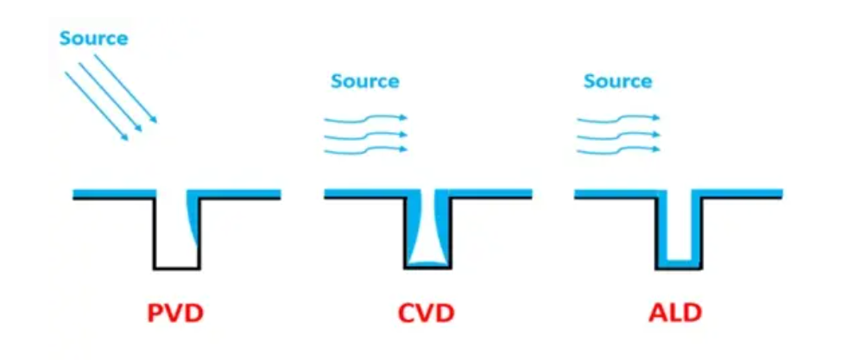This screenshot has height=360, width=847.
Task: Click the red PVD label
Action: (x=176, y=313)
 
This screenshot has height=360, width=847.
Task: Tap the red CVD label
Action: (x=427, y=313)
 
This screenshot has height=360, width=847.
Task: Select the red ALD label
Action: (x=675, y=313)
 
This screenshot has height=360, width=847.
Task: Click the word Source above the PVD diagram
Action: (x=93, y=39)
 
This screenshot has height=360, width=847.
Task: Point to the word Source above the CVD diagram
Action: (x=365, y=81)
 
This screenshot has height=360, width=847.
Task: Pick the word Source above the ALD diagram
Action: (x=618, y=81)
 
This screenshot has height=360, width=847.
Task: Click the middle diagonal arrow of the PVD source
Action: (x=111, y=97)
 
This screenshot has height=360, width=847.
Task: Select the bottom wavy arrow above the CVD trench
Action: (x=366, y=150)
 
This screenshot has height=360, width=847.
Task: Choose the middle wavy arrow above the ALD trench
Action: (x=618, y=135)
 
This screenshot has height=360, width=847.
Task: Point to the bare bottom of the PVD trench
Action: (x=177, y=268)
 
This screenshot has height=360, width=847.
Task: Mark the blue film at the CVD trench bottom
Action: (x=427, y=263)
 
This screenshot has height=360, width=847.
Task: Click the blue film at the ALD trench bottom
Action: (x=679, y=262)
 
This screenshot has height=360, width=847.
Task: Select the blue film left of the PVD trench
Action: (x=115, y=193)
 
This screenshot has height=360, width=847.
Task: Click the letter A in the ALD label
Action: (x=658, y=313)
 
